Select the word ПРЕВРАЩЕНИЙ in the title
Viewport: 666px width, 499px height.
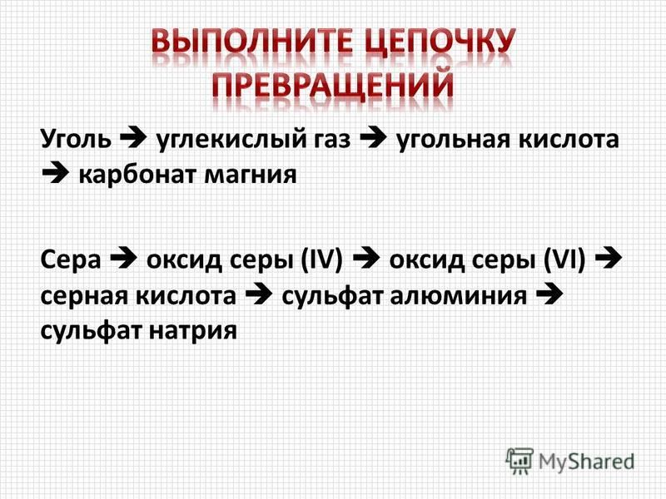333,86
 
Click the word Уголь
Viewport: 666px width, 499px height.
76,140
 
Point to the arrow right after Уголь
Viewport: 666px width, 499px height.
134,138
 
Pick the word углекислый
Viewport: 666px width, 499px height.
232,140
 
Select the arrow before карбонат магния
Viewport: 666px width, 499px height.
56,174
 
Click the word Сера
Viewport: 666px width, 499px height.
71,260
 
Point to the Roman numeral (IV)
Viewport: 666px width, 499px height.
321,259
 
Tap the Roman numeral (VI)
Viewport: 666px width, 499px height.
564,259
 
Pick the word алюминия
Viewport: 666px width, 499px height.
459,296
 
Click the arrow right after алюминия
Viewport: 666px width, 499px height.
549,294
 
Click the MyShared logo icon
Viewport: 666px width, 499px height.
519,461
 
